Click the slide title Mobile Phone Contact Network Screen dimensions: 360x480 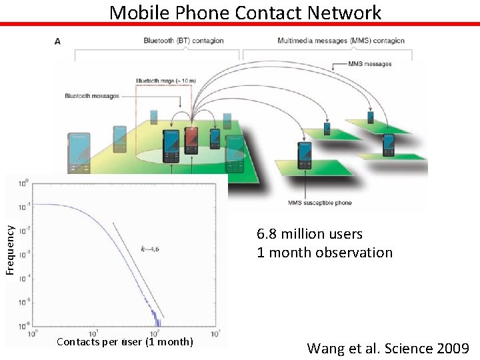[x=245, y=12]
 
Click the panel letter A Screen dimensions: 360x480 [x=58, y=41]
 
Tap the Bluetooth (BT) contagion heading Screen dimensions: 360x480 [x=183, y=41]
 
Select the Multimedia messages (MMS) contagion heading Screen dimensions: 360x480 [x=341, y=41]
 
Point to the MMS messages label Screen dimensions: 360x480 [x=370, y=65]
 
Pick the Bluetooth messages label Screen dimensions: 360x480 [x=92, y=96]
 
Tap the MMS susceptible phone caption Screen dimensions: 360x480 [x=319, y=203]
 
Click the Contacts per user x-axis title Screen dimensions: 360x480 [x=125, y=343]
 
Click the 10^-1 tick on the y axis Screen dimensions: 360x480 [x=23, y=207]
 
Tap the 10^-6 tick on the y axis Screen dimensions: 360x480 [x=23, y=326]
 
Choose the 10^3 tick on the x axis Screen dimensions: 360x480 [x=216, y=333]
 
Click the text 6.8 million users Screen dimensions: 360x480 [x=310, y=234]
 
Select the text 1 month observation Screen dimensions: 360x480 [x=325, y=253]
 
